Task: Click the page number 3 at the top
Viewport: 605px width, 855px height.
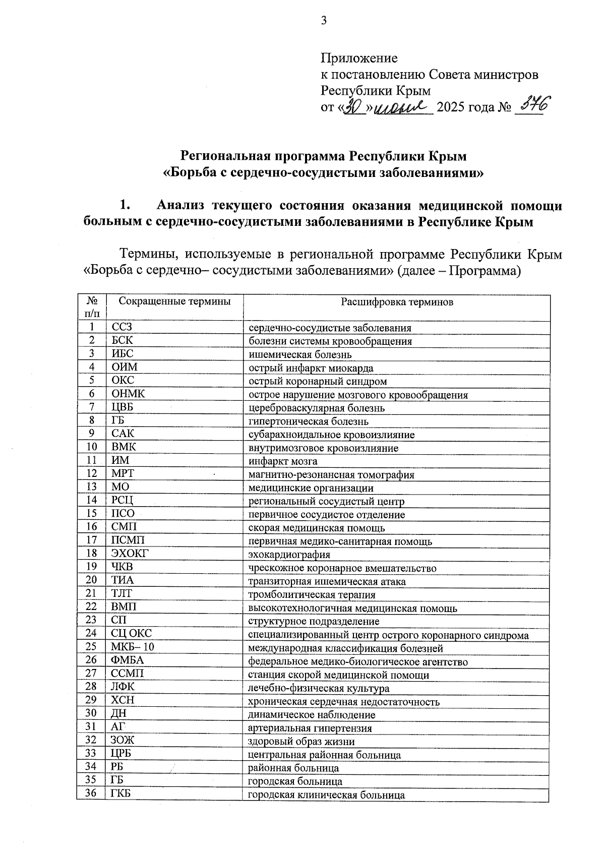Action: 324,21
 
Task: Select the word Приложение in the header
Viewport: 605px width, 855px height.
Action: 359,58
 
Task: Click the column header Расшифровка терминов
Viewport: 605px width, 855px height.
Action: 397,302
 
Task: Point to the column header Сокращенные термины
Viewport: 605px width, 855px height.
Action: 174,301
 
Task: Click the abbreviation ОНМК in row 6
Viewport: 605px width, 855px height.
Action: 128,394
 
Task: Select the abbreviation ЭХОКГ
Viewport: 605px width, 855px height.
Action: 130,554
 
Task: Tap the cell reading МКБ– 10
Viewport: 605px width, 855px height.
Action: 133,647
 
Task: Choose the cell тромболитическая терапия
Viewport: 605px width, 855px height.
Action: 312,594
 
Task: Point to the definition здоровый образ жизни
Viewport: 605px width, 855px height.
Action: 301,741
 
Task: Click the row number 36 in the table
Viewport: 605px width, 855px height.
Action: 91,795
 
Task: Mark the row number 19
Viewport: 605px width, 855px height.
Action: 91,567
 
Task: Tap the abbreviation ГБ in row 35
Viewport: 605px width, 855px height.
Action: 117,781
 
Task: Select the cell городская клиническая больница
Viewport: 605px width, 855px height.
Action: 326,795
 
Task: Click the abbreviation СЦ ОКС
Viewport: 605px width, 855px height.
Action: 131,634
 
